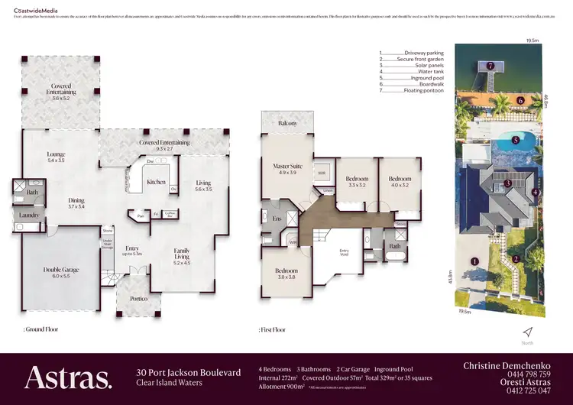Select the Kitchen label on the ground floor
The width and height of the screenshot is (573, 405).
point(156,182)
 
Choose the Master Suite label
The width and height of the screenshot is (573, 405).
point(289,169)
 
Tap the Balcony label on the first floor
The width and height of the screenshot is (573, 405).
point(288,123)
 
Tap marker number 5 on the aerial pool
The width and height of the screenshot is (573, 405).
point(516,140)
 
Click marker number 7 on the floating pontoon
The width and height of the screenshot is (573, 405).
point(490,66)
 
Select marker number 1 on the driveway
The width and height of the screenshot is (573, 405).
point(475,261)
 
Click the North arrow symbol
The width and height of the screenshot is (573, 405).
point(526,331)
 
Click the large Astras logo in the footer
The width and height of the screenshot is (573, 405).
point(68,378)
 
